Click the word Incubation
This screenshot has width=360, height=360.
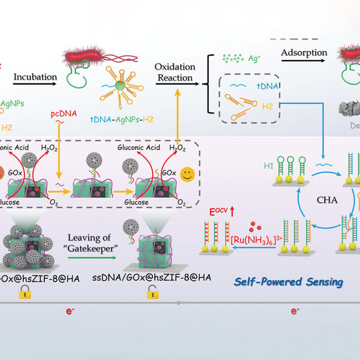(36, 77)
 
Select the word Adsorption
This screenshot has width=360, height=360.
(304, 53)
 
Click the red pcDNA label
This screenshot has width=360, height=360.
(59, 112)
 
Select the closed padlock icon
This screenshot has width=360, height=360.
(24, 292)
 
